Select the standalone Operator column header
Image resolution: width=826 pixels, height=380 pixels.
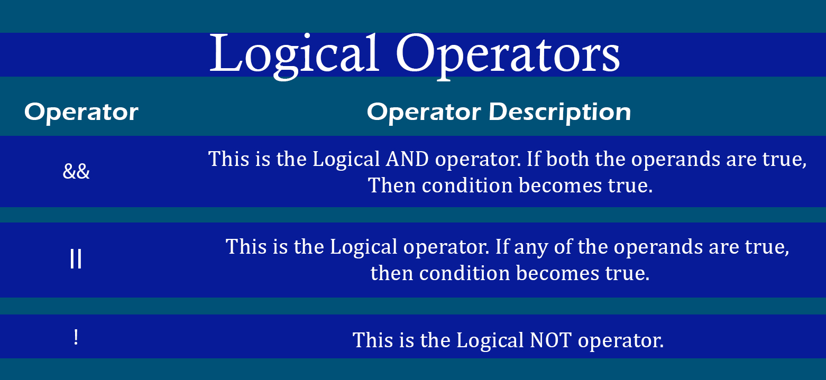81,113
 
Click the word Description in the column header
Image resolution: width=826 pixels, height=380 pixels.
560,113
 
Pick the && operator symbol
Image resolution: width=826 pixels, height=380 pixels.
76,171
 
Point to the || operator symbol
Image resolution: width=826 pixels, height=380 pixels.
76,259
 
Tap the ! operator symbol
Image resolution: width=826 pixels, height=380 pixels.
76,337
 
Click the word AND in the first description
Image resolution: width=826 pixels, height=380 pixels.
407,159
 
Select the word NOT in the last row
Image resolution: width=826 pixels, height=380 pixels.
550,340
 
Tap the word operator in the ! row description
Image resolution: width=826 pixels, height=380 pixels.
621,341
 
